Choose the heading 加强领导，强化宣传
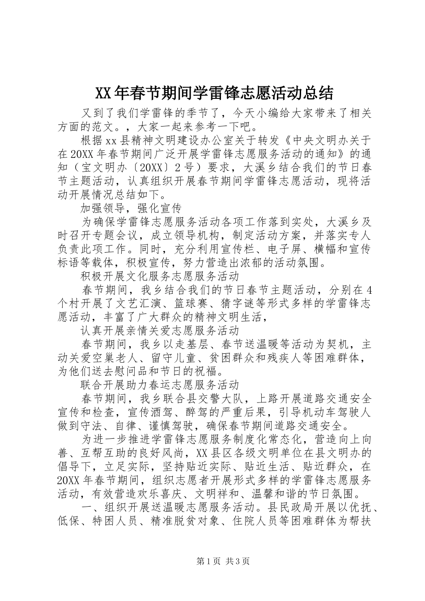pyautogui.click(x=130, y=207)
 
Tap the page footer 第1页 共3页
pyautogui.click(x=212, y=561)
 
